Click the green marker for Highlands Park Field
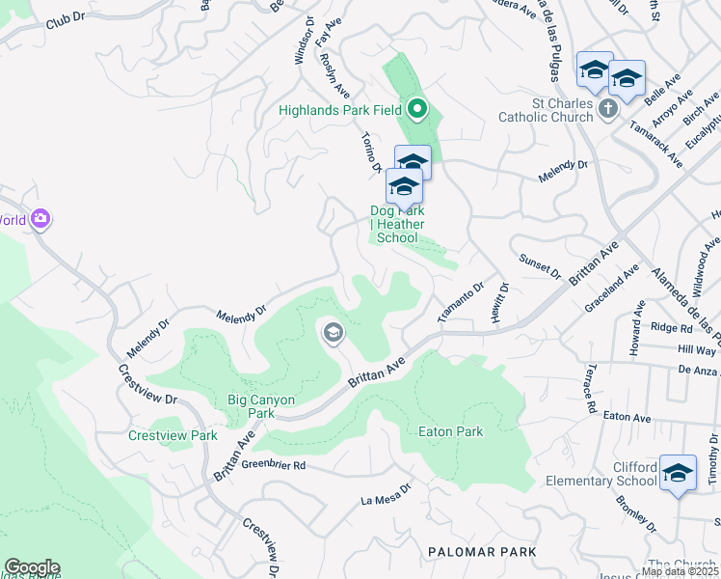coord(417,109)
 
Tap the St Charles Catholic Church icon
coord(607,108)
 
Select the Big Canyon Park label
coord(233,406)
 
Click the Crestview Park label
coord(173,435)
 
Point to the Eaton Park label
coord(450,431)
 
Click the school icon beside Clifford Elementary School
coord(678,473)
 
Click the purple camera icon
coord(40,219)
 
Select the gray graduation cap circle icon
coord(333,334)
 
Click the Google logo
coord(31,567)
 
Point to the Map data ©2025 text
coord(680,571)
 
